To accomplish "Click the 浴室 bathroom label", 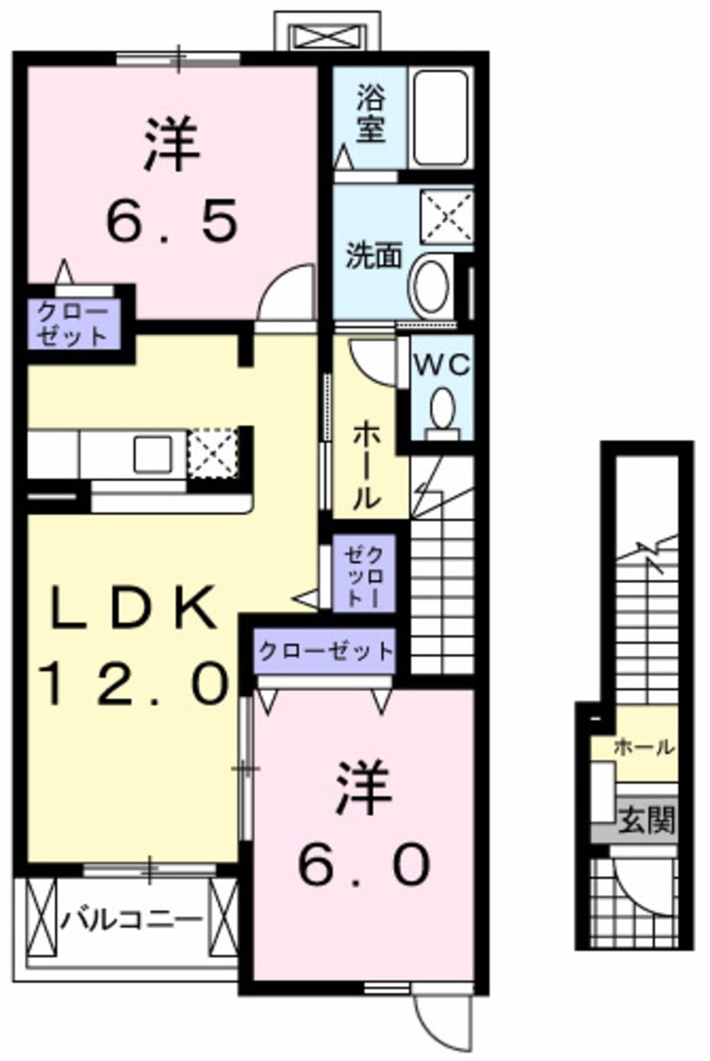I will pos(370,117).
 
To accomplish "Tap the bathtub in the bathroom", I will pos(440,117).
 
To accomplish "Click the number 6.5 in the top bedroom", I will pos(172,221).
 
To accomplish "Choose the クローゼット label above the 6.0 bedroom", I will pos(325,651).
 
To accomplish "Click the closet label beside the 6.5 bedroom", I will pos(70,325).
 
